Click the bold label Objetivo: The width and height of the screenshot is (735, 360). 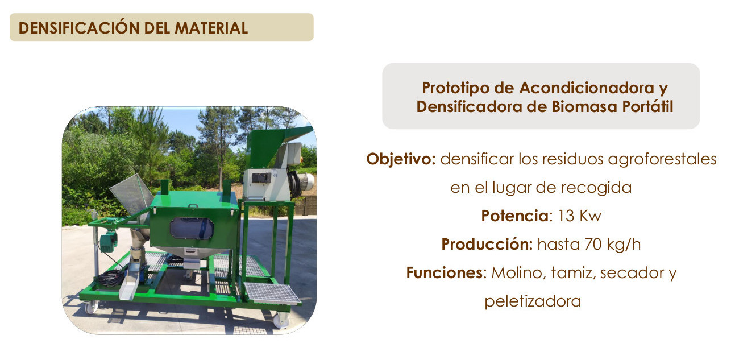pyautogui.click(x=401, y=159)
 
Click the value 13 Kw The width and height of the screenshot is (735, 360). pyautogui.click(x=580, y=216)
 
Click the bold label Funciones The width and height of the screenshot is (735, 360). pyautogui.click(x=444, y=273)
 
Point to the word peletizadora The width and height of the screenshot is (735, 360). pyautogui.click(x=533, y=301)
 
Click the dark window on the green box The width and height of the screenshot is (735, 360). pyautogui.click(x=192, y=229)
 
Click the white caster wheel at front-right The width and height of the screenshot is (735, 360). pyautogui.click(x=281, y=320)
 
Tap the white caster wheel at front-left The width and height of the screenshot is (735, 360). pyautogui.click(x=91, y=307)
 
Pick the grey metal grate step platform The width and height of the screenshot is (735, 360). pyautogui.click(x=271, y=293)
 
